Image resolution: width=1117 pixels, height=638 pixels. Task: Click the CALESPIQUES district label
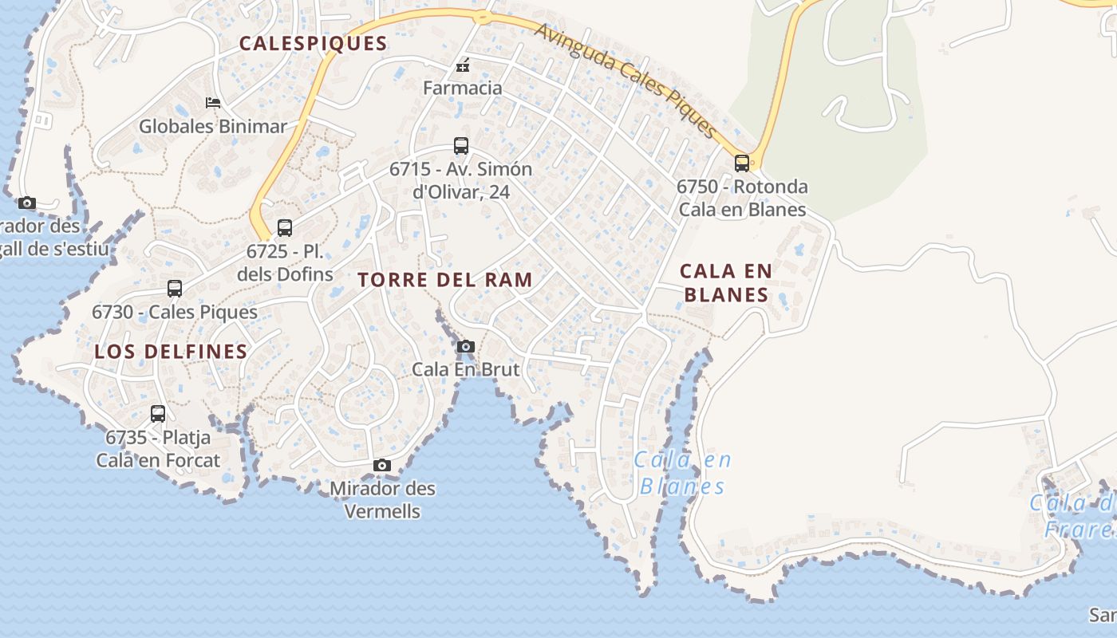click(313, 44)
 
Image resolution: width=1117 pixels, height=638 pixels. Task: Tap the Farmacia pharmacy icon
click(462, 65)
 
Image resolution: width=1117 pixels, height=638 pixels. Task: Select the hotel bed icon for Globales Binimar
click(213, 102)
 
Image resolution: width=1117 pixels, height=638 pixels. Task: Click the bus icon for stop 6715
click(461, 146)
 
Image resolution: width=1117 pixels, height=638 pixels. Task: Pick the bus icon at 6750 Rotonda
click(742, 163)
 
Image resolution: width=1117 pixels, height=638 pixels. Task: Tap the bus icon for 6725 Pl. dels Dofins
click(285, 228)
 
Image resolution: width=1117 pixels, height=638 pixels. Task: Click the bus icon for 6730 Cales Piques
click(175, 289)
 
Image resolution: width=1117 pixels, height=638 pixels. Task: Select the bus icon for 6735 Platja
click(158, 414)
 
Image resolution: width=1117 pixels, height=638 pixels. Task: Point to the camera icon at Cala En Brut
click(466, 346)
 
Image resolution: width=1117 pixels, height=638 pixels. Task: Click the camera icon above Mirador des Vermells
click(382, 465)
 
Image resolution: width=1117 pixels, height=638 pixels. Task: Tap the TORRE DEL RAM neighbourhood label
click(445, 280)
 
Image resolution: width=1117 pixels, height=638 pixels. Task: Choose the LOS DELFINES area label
click(171, 352)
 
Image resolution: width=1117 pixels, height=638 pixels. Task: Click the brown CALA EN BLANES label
click(726, 282)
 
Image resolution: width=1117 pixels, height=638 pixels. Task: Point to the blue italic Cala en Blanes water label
click(682, 473)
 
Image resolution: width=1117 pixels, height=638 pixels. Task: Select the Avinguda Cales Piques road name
click(626, 79)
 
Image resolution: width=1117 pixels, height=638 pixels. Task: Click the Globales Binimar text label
click(212, 126)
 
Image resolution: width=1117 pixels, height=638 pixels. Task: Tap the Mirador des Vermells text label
click(382, 499)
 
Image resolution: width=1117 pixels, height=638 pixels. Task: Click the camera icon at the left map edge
click(27, 203)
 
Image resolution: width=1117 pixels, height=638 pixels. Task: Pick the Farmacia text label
click(463, 88)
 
